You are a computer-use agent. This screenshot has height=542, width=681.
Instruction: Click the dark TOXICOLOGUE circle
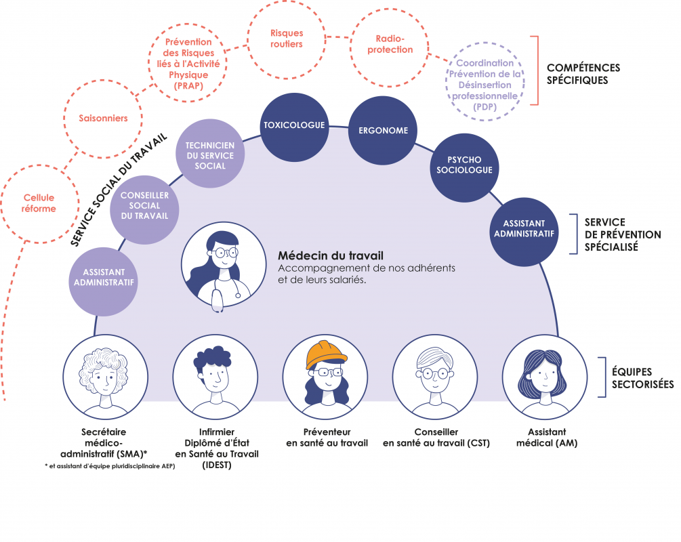[294, 125]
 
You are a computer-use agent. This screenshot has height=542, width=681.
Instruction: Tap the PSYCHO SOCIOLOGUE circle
[461, 165]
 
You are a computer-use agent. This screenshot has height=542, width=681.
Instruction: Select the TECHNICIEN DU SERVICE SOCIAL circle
[210, 155]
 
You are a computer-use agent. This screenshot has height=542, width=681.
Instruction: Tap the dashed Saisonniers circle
[104, 118]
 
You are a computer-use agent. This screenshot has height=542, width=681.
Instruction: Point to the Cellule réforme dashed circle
[39, 203]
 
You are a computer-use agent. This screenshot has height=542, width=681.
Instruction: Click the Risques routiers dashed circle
[286, 39]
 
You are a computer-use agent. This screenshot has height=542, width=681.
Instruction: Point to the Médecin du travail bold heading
[331, 256]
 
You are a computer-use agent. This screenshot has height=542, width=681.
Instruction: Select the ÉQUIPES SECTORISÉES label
[642, 378]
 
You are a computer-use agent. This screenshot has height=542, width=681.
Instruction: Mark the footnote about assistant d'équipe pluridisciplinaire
[110, 465]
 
